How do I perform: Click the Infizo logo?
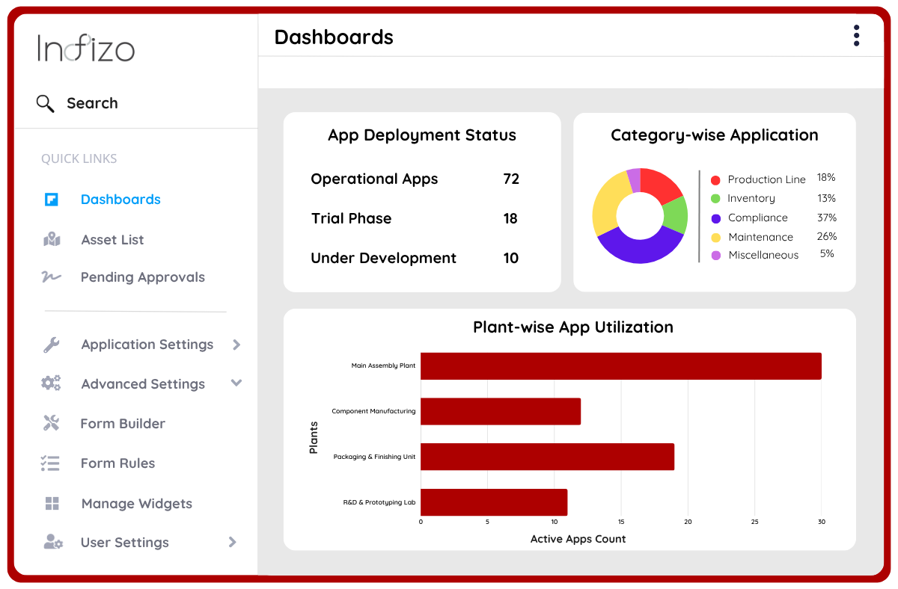[x=86, y=49]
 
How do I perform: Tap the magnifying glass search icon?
[x=46, y=103]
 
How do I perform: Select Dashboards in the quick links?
[x=120, y=200]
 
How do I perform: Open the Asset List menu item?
[x=112, y=240]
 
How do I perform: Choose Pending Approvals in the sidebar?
[x=142, y=277]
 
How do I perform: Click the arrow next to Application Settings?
[x=236, y=345]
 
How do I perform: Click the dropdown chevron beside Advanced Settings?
[x=236, y=383]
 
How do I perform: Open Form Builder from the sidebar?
[x=123, y=424]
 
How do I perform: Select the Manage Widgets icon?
[x=52, y=504]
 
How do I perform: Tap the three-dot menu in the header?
[x=856, y=36]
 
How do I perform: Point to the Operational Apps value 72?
[x=511, y=179]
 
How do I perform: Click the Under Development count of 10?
[x=511, y=259]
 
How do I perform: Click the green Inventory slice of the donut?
[x=676, y=214]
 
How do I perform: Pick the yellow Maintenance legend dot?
[x=715, y=238]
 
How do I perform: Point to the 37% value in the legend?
[x=827, y=218]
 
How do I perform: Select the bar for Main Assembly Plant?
[x=620, y=366]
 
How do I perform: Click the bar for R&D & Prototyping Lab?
[x=494, y=502]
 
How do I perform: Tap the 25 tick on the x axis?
[x=754, y=522]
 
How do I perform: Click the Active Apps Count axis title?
[x=578, y=539]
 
